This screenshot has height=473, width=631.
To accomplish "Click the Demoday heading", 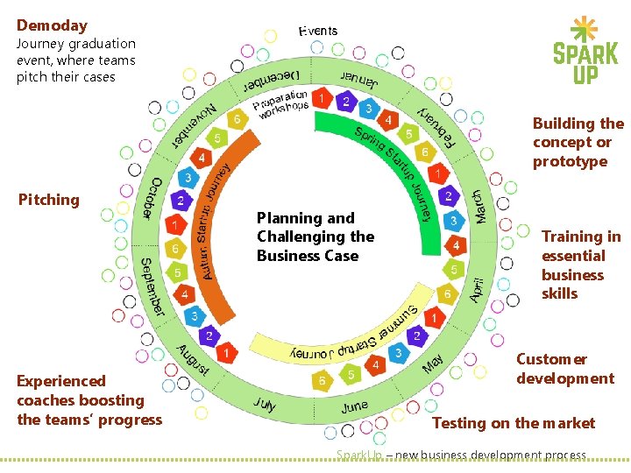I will [x=52, y=25].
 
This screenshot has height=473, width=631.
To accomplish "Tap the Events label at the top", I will [x=317, y=32].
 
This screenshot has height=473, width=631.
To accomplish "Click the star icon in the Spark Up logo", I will [x=585, y=31].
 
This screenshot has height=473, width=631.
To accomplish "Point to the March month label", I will [x=479, y=206].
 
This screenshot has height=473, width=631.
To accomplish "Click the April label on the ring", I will [x=476, y=286].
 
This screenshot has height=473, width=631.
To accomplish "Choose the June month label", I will [x=355, y=407].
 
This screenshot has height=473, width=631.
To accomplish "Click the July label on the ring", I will [x=265, y=404].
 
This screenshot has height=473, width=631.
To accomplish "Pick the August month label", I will [x=192, y=358].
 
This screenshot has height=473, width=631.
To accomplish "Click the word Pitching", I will [x=49, y=200].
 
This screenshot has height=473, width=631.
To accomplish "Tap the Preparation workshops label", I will [x=281, y=104].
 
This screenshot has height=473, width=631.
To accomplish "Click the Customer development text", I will [x=564, y=369].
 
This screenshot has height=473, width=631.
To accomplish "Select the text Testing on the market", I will [x=514, y=423].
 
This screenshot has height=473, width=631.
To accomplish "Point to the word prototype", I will [x=570, y=161].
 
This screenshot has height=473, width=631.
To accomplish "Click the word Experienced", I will [x=61, y=381].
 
